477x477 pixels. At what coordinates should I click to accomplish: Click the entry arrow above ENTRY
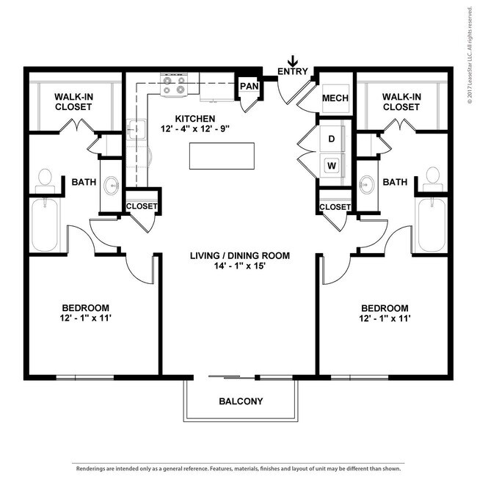293,61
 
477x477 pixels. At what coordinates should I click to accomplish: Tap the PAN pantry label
250,86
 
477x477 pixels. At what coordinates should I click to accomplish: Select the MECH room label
335,98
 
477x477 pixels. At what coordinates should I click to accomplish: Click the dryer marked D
332,139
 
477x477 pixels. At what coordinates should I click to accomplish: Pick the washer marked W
332,166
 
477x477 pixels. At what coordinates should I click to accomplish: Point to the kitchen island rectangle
222,156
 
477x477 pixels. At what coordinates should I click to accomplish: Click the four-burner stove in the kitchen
174,84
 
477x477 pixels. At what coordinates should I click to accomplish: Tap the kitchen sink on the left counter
136,129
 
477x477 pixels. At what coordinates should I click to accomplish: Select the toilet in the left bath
45,181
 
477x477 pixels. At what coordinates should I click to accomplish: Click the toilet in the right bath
432,179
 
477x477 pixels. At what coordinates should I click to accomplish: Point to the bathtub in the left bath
45,225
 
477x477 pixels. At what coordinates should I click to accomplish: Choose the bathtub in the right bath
432,225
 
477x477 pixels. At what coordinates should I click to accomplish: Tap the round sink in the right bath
367,184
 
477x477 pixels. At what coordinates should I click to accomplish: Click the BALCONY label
241,401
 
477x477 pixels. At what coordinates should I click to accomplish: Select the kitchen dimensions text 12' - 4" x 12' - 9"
195,128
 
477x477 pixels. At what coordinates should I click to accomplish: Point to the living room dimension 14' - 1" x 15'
240,266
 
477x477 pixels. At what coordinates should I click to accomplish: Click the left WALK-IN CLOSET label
73,102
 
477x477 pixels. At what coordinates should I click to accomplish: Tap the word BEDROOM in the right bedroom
385,308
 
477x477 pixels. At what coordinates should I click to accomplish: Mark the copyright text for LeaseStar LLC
471,56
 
